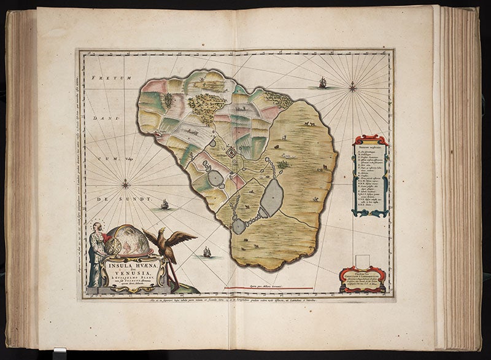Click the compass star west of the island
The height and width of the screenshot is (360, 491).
[126, 182]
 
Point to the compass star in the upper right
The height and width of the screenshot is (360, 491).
[353, 88]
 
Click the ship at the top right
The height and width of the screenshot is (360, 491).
[322, 82]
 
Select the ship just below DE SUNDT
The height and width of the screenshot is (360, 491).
[164, 204]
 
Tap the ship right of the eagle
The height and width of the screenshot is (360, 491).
[206, 251]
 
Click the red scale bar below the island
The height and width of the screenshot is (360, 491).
[270, 288]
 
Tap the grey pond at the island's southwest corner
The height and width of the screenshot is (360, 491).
[239, 225]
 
